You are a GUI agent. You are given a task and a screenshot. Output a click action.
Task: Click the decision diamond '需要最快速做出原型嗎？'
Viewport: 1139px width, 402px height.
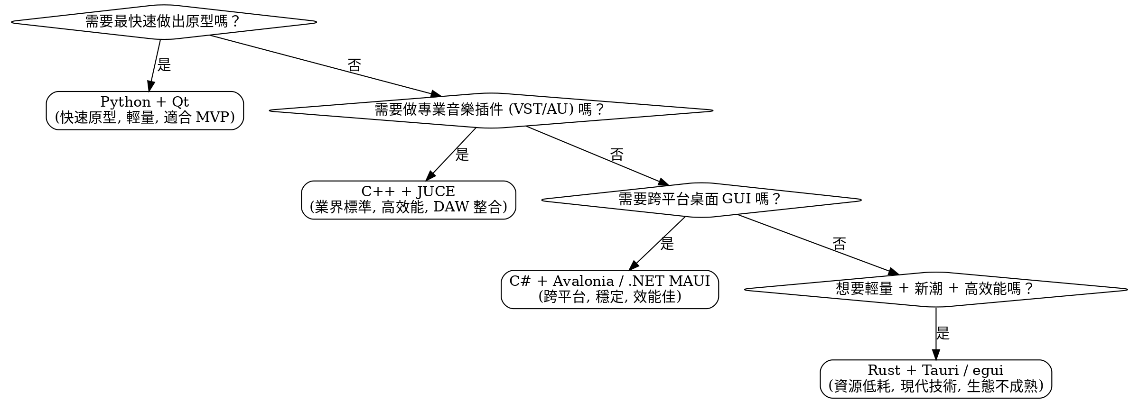pyautogui.click(x=163, y=22)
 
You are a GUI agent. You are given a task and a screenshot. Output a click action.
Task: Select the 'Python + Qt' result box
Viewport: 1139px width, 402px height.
pyautogui.click(x=145, y=110)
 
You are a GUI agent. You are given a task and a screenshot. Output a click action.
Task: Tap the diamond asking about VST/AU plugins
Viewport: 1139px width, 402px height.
pyautogui.click(x=491, y=110)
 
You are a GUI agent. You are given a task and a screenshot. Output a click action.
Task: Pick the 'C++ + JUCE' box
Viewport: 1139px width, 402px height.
pyautogui.click(x=408, y=200)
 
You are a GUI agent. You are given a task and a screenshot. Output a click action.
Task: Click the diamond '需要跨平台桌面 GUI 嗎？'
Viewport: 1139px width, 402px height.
pyautogui.click(x=701, y=200)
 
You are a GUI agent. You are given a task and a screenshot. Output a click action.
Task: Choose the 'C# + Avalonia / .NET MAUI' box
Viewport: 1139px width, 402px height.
pyautogui.click(x=609, y=289)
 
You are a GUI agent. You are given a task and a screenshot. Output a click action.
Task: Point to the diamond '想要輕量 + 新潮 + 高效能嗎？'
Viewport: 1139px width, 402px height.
pyautogui.click(x=935, y=289)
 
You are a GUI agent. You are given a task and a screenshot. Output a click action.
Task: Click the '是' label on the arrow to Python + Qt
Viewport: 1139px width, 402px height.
pyautogui.click(x=164, y=65)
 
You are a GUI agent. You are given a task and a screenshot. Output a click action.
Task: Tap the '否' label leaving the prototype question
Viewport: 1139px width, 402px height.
pyautogui.click(x=354, y=65)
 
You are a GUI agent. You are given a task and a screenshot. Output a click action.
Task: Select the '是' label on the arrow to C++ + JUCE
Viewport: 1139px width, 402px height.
pyautogui.click(x=462, y=155)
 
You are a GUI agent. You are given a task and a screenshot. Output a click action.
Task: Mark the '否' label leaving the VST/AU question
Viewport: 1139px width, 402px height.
pyautogui.click(x=616, y=155)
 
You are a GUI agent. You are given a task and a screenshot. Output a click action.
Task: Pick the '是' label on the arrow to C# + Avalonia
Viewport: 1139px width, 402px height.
pyautogui.click(x=667, y=244)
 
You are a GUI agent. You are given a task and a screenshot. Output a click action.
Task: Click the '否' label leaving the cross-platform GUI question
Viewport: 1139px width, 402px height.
pyautogui.click(x=839, y=244)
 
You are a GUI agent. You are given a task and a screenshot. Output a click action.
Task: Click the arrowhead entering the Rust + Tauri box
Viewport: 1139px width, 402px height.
pyautogui.click(x=935, y=355)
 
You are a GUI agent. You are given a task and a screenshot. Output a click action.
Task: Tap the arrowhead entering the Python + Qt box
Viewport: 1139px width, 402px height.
pyautogui.click(x=149, y=86)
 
